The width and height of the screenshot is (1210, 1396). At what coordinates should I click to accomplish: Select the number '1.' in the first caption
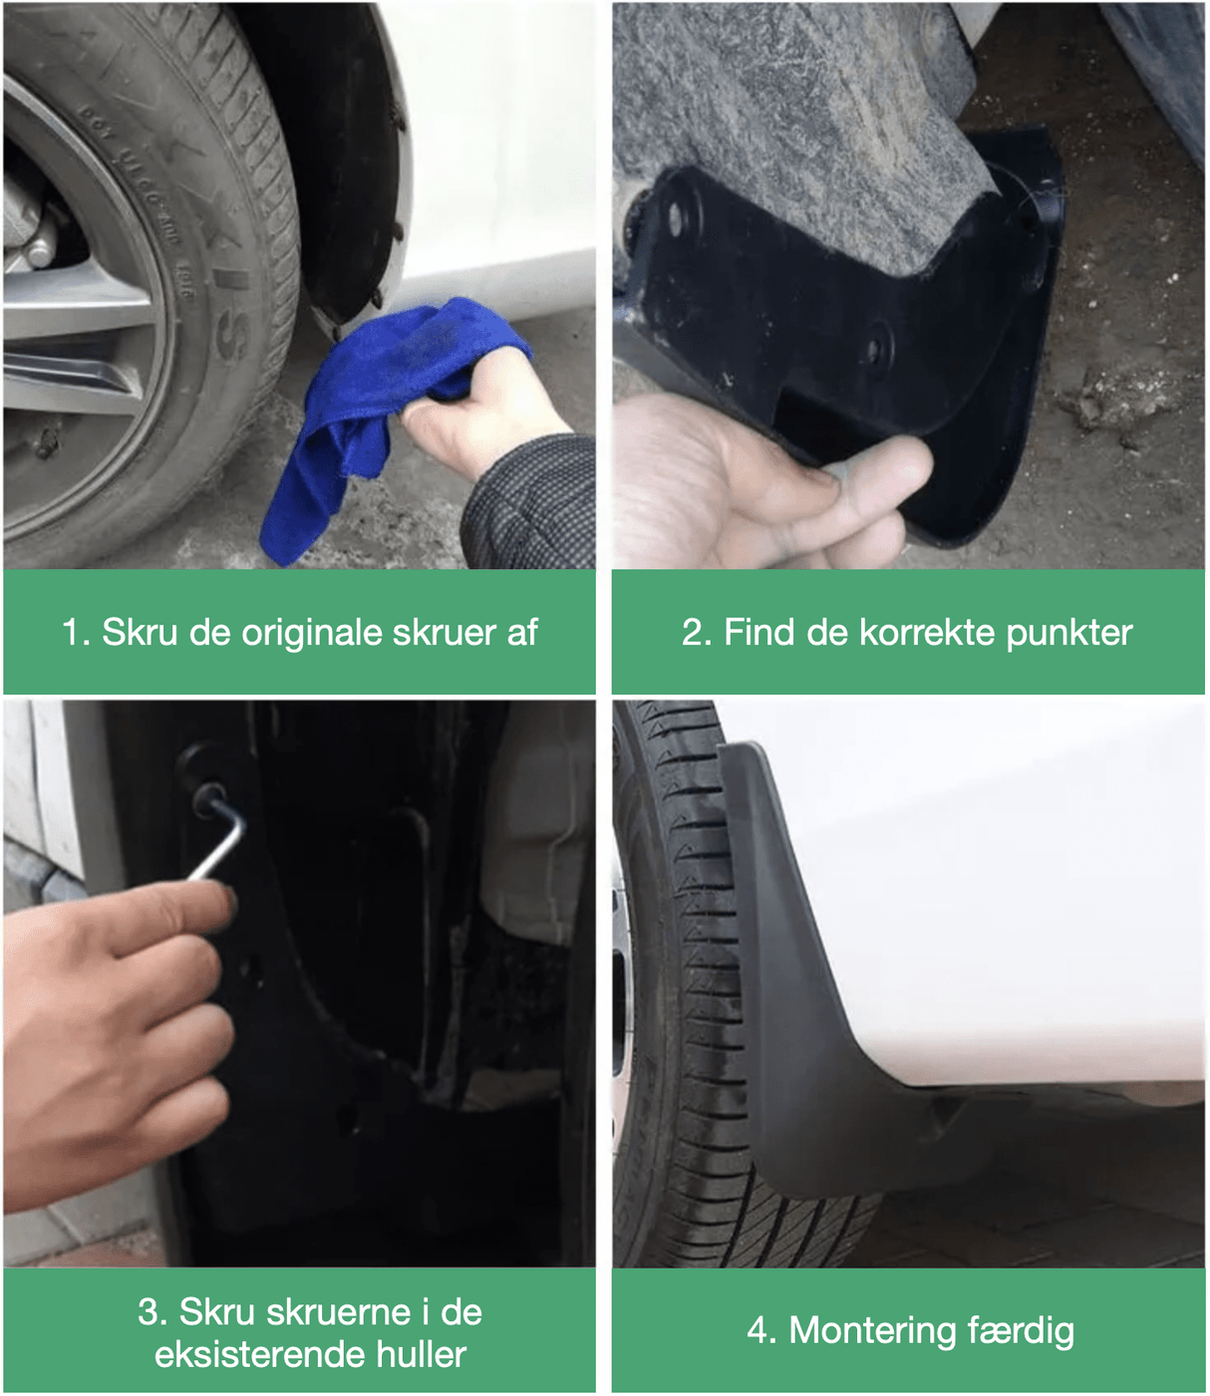point(76,633)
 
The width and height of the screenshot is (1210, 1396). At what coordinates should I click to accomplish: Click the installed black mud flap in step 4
point(817,1046)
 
